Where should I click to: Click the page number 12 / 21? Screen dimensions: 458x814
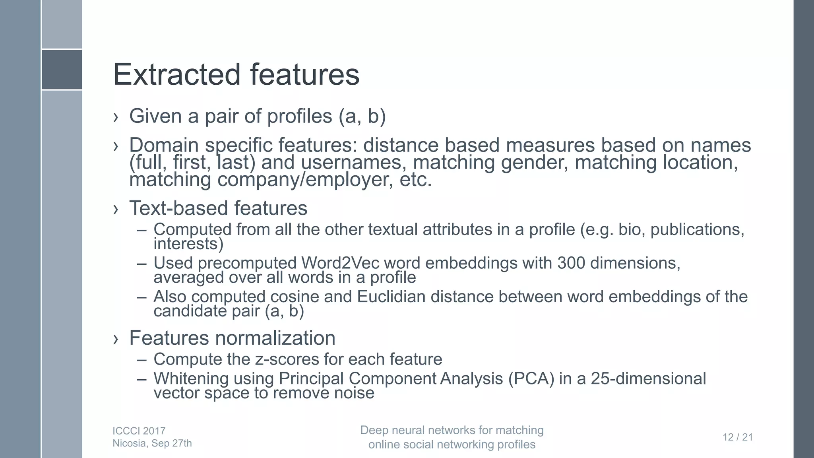coord(738,437)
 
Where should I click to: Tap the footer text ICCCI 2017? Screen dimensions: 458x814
coord(139,431)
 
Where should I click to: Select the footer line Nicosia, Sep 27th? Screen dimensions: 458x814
coord(152,443)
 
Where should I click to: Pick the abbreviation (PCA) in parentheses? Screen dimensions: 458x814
coord(531,378)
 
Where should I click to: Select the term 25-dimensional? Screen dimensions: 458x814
coord(648,378)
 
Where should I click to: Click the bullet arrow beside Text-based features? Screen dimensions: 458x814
coord(116,209)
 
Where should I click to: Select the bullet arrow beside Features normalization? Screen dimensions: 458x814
coord(116,339)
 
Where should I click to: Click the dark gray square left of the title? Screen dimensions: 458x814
coord(62,70)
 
